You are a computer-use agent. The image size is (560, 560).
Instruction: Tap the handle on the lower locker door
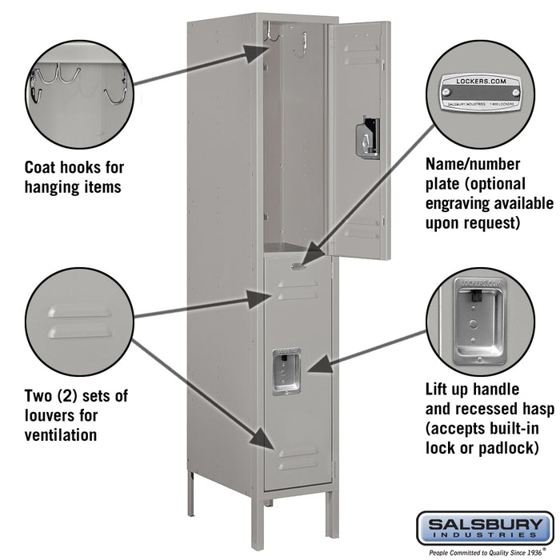point(286,371)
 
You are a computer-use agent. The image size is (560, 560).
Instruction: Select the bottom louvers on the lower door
point(298,460)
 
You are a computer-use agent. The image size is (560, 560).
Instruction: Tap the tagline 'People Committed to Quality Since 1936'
point(484,552)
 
